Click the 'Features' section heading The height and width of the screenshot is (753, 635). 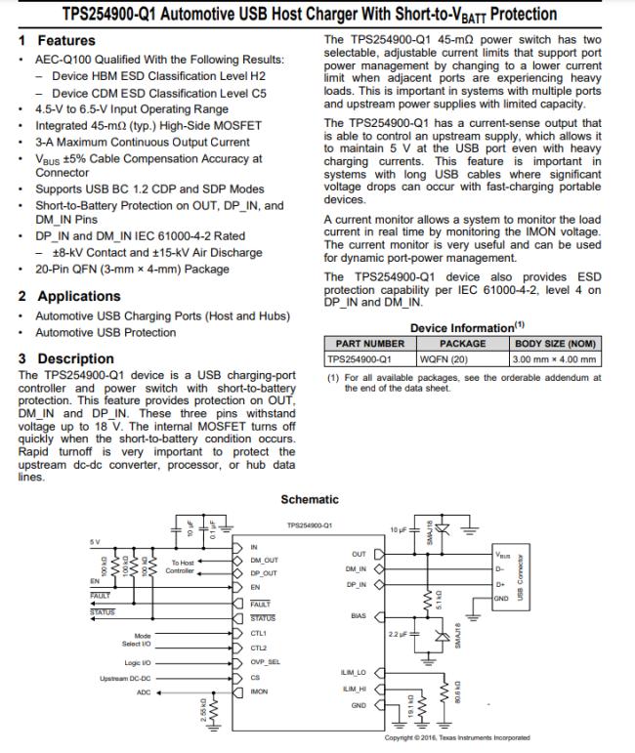click(65, 41)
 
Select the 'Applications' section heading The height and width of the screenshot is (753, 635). click(78, 296)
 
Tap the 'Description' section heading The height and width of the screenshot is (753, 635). click(75, 358)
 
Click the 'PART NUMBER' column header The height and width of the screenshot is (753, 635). click(369, 344)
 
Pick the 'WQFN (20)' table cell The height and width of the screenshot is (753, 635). click(462, 358)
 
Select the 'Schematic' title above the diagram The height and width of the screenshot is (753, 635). click(310, 499)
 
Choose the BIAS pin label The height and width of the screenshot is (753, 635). click(358, 616)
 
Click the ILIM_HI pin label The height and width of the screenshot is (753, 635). click(353, 690)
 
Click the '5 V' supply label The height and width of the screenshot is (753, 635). click(95, 542)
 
